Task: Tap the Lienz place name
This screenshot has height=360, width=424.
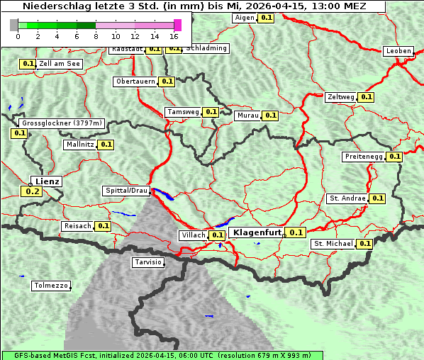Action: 48,181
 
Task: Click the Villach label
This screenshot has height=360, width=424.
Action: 193,235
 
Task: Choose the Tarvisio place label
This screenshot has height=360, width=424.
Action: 147,262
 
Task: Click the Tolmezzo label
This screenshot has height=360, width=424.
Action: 51,286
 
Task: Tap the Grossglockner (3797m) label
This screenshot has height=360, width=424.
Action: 62,123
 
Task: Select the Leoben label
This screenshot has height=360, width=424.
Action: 398,51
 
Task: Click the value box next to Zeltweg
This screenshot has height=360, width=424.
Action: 366,97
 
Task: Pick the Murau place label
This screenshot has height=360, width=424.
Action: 248,116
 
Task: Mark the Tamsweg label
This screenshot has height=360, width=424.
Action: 183,112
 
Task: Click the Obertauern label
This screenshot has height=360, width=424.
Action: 135,81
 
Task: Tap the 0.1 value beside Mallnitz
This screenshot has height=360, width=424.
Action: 106,145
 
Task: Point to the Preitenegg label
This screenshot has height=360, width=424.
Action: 364,157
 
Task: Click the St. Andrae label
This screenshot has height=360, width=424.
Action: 347,198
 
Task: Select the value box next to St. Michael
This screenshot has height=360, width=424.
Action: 364,244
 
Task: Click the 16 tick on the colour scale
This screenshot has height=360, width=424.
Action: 174,36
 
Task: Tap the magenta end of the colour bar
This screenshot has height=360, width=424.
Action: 177,25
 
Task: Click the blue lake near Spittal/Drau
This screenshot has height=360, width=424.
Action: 162,193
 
